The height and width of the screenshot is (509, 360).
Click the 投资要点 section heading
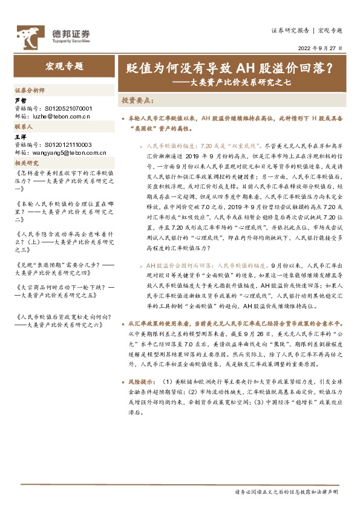coord(137,100)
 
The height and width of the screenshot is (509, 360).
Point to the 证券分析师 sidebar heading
coord(29,89)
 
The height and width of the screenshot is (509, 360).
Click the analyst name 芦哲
coord(20,101)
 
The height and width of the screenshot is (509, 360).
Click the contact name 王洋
coord(20,138)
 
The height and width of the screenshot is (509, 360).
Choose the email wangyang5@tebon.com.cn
coord(64,152)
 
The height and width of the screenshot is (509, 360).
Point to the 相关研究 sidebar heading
coord(26,164)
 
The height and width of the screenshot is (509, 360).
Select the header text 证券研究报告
coord(290,29)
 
